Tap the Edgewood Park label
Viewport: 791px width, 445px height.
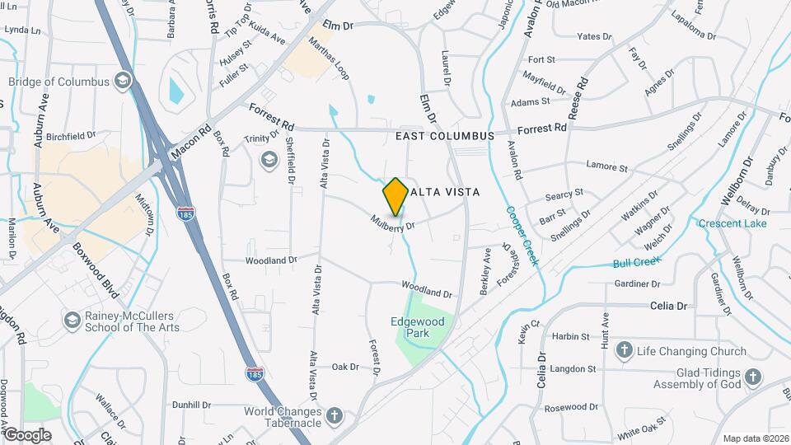pos(418,327)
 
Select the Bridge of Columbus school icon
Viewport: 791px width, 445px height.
pos(123,79)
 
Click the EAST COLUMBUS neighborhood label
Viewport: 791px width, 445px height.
pos(444,136)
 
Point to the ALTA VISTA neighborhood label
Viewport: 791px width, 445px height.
pos(445,191)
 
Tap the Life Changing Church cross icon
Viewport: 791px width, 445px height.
pos(624,351)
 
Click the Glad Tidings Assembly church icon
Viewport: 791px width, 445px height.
pos(752,377)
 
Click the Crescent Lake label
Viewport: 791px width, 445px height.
pos(732,223)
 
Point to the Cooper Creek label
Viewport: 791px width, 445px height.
pos(522,236)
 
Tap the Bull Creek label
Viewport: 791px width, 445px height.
pos(638,263)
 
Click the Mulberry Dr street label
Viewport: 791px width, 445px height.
pos(391,222)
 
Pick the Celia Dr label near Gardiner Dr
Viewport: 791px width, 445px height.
pos(668,306)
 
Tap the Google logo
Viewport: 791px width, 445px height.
pos(27,434)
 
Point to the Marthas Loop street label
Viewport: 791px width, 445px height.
pos(329,58)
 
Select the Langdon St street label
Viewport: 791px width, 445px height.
pos(573,369)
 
